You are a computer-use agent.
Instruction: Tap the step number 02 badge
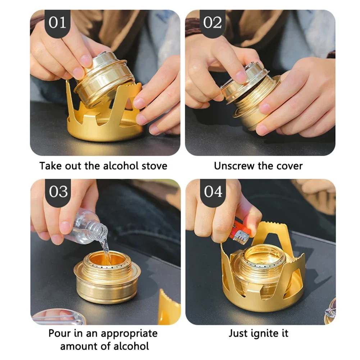212,23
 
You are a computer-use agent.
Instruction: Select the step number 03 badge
58,192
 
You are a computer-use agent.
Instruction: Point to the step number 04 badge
213,192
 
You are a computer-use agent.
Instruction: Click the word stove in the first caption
154,166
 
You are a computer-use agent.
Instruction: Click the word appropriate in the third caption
129,334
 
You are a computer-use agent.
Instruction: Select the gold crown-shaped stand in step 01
104,126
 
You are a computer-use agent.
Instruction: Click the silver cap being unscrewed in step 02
245,74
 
